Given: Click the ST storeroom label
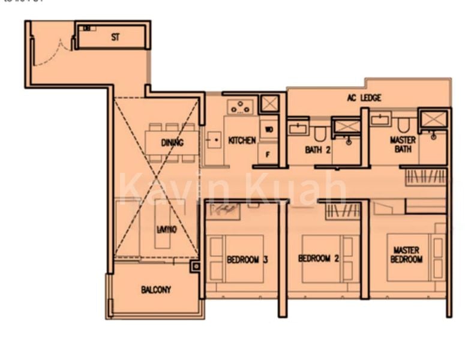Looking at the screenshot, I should click(115, 37).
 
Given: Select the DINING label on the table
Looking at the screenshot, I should click(172, 143).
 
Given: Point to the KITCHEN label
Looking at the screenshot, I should click(242, 140).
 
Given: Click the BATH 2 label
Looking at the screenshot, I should click(317, 150).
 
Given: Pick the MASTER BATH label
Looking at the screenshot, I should click(403, 145).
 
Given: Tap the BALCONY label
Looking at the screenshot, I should click(156, 290).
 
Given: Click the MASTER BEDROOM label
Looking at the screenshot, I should click(406, 254).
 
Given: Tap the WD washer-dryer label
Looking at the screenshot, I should click(268, 129).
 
